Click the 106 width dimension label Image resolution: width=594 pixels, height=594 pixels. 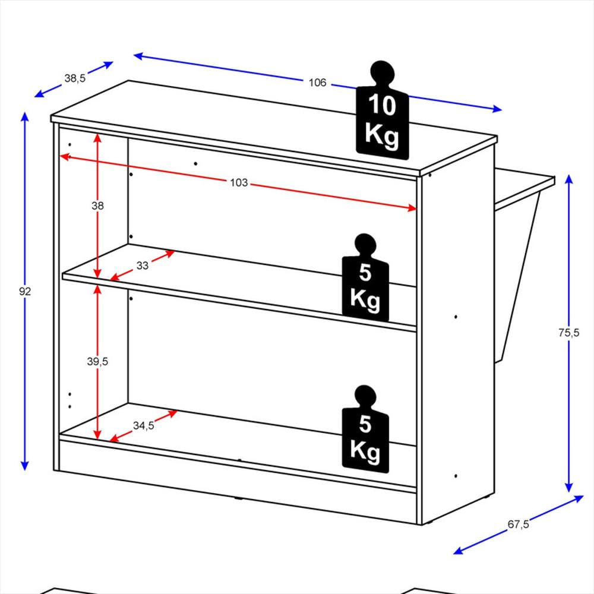coord(317,83)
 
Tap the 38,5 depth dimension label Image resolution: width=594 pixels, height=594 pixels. coord(75,78)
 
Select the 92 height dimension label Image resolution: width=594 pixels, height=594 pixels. coord(24,291)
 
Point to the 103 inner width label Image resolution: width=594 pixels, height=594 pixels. coord(239,182)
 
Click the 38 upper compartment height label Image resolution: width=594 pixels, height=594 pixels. coord(97,206)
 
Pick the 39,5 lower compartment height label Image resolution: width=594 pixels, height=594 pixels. coord(97,361)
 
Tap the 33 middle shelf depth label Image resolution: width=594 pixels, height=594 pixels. coord(143,266)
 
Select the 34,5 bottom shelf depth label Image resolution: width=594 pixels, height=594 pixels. coord(144,426)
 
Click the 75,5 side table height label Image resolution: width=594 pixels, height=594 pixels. coord(568,333)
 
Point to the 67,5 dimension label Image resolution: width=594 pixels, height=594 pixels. coord(518,525)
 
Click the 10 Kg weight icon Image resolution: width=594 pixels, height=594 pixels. coord(382,110)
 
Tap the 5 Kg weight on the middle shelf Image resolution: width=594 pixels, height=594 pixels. coord(365,277)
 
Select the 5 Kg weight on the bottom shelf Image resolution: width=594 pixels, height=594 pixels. coord(365,429)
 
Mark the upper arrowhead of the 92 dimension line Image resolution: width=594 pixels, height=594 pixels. coord(24,116)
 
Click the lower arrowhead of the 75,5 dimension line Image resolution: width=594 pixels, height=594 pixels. coord(568,488)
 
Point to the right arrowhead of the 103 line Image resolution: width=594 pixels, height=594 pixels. coord(412,207)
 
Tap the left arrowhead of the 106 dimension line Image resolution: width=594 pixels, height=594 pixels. coord(138,56)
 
